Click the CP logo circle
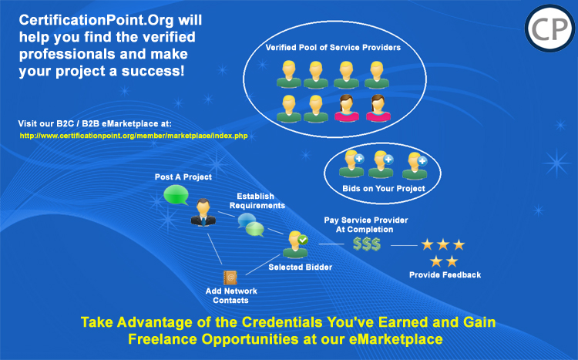(x=549, y=29)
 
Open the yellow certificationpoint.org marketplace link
(x=134, y=136)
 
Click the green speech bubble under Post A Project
(x=176, y=195)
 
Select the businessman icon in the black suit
(x=203, y=212)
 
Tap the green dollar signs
(x=366, y=244)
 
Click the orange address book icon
(x=230, y=278)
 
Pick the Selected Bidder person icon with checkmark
(x=296, y=244)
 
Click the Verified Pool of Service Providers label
(x=333, y=48)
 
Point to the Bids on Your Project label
(x=384, y=189)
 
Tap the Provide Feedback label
(x=445, y=274)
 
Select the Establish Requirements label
(x=257, y=200)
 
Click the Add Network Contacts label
(x=231, y=295)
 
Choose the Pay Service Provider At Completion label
(x=365, y=224)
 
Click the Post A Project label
(x=183, y=177)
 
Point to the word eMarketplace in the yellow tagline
(x=395, y=339)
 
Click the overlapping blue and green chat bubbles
(x=251, y=224)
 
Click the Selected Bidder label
(x=300, y=267)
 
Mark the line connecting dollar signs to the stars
(x=404, y=245)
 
